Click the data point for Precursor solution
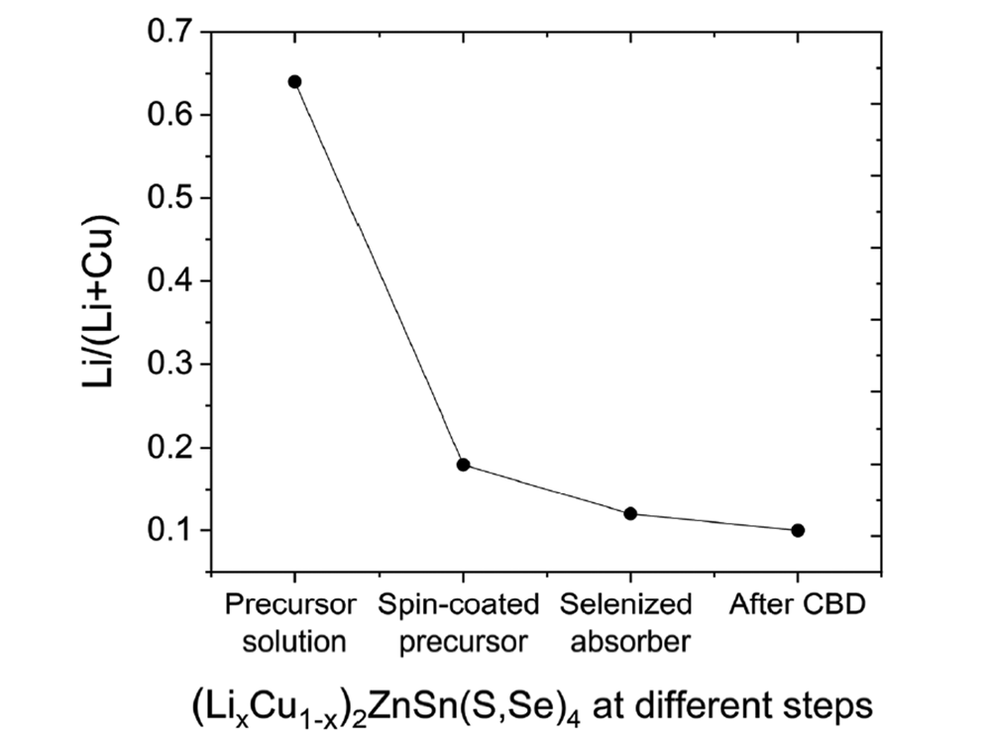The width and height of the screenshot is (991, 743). click(294, 81)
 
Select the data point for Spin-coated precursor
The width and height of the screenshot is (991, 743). click(462, 465)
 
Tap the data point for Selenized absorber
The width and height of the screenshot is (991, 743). click(630, 513)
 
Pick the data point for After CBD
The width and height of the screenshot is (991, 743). click(798, 530)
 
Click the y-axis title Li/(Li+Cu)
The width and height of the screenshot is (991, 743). click(100, 303)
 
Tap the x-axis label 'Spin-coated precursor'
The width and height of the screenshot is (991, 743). click(459, 622)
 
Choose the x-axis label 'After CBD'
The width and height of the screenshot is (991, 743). click(799, 604)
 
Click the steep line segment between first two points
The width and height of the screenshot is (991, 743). click(378, 272)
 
